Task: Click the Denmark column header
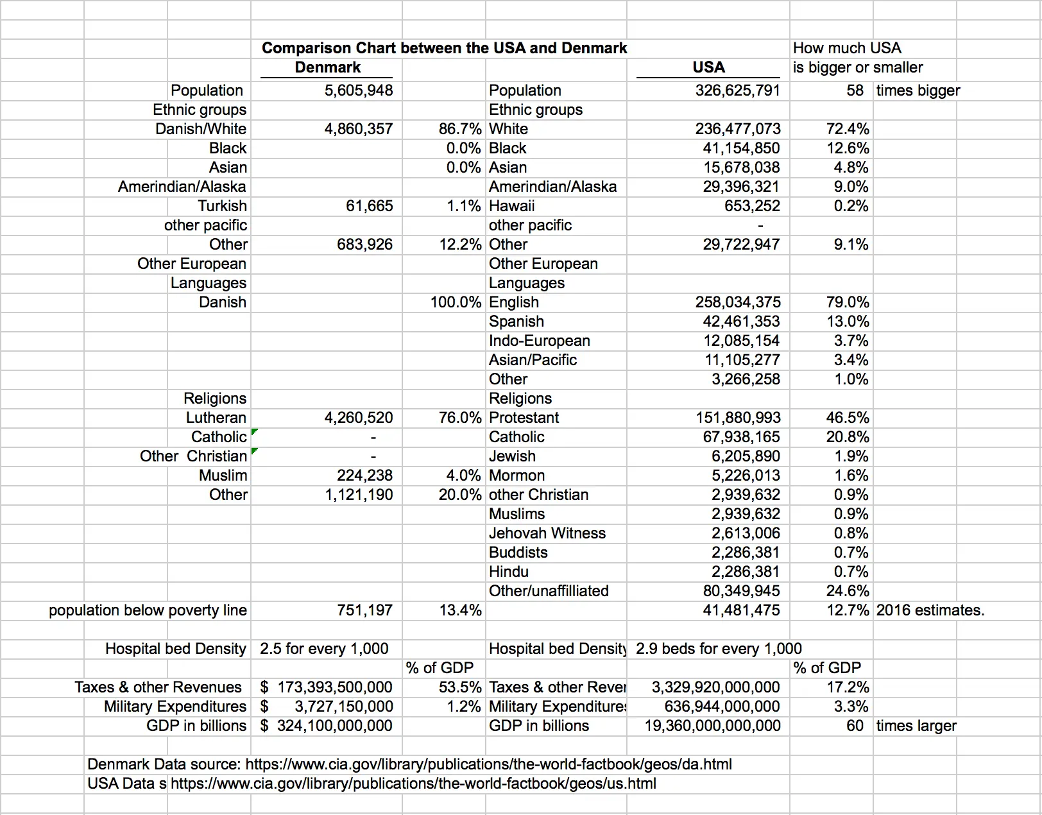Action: pyautogui.click(x=327, y=67)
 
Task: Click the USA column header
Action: pyautogui.click(x=708, y=67)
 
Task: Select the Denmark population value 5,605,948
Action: pyautogui.click(x=359, y=90)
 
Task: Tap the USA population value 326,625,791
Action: pyautogui.click(x=737, y=90)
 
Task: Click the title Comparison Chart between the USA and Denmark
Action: pyautogui.click(x=444, y=48)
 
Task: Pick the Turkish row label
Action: pyautogui.click(x=222, y=206)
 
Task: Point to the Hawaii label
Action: pyautogui.click(x=511, y=206)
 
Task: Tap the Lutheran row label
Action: pyautogui.click(x=216, y=418)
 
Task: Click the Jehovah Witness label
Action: pyautogui.click(x=547, y=533)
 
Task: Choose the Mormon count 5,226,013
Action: pyautogui.click(x=746, y=476)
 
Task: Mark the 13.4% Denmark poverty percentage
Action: pyautogui.click(x=460, y=610)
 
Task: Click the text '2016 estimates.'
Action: pyautogui.click(x=930, y=610)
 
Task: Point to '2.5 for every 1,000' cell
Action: pyautogui.click(x=324, y=649)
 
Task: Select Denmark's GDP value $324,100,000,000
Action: pyautogui.click(x=334, y=726)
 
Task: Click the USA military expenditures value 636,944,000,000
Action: pyautogui.click(x=722, y=707)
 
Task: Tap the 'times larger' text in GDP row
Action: pyautogui.click(x=916, y=726)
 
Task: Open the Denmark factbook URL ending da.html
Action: pyautogui.click(x=488, y=764)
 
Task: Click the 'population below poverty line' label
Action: pyautogui.click(x=148, y=610)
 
